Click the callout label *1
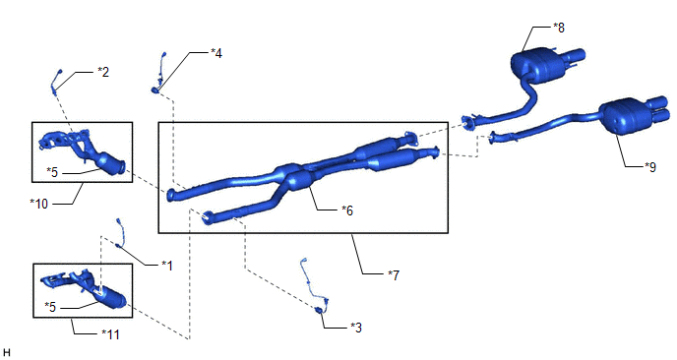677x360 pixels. tap(167, 266)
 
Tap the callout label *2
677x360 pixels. tap(103, 72)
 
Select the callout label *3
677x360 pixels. tap(356, 328)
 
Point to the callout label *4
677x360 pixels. tap(216, 53)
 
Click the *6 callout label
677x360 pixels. tap(347, 210)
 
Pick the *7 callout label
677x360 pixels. tap(394, 275)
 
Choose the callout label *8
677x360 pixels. tap(559, 28)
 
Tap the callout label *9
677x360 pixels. tap(649, 166)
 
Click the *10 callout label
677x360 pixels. tap(39, 204)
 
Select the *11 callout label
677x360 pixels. tap(110, 334)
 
